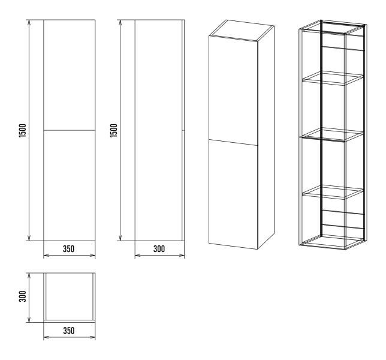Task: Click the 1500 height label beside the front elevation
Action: pos(22,131)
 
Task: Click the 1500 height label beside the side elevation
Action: pos(114,131)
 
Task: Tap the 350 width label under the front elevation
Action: pos(68,249)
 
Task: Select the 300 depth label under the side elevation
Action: pos(159,249)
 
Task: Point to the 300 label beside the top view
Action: pos(22,296)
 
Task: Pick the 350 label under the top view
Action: pos(69,331)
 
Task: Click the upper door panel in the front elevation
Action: pos(70,74)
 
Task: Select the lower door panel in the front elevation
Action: pos(70,185)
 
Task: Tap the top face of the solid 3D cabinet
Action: pos(241,29)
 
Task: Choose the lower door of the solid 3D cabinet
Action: pos(233,194)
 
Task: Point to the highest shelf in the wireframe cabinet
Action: pos(333,79)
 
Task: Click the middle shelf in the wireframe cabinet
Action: pos(333,135)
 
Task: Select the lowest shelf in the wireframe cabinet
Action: pos(333,192)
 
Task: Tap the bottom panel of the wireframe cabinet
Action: pos(332,242)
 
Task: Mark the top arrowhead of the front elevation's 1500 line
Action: pos(29,22)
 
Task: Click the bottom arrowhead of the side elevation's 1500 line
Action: pos(120,238)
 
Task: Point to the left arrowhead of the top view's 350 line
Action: pos(46,337)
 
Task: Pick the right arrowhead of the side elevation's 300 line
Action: pos(182,255)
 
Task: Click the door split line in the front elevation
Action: pos(70,130)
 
